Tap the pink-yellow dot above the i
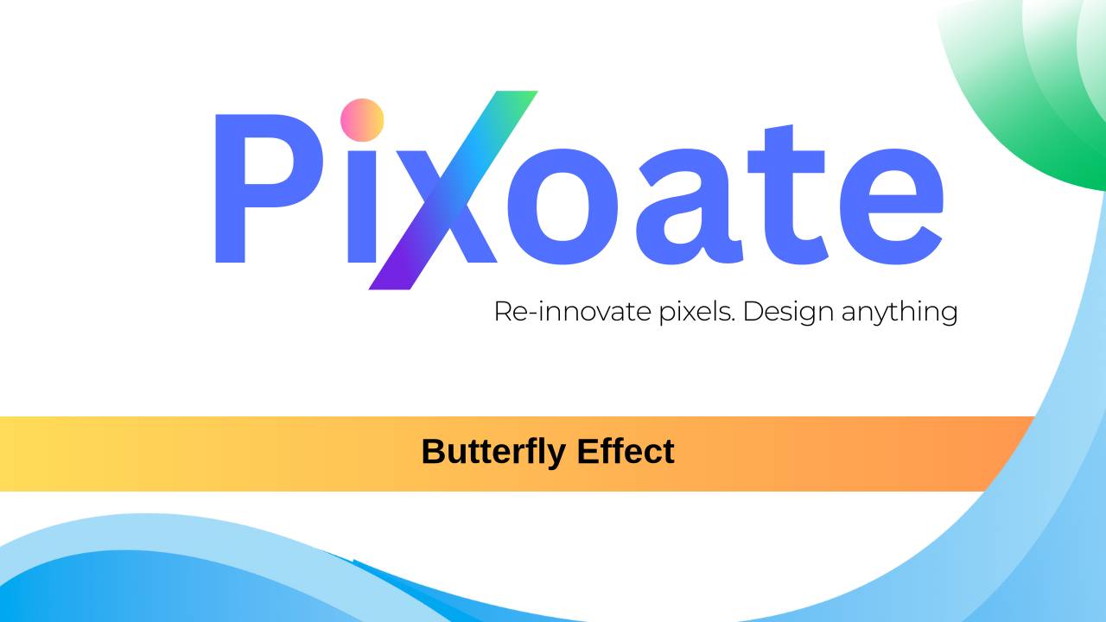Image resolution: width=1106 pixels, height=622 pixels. [362, 119]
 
